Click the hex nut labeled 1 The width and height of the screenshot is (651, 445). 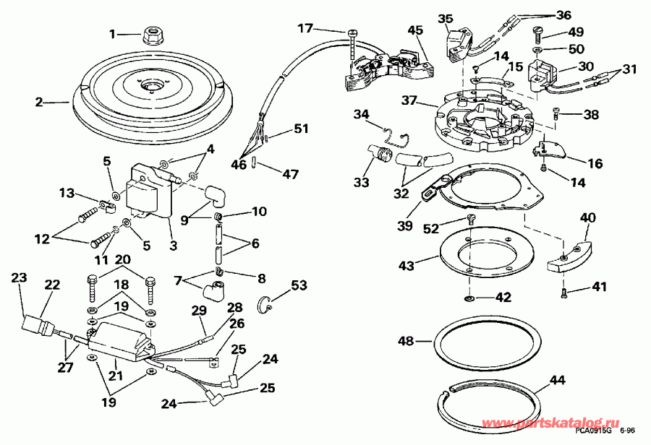click(x=153, y=33)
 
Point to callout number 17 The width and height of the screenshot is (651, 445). click(x=305, y=28)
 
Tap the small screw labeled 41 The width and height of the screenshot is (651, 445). click(x=563, y=293)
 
